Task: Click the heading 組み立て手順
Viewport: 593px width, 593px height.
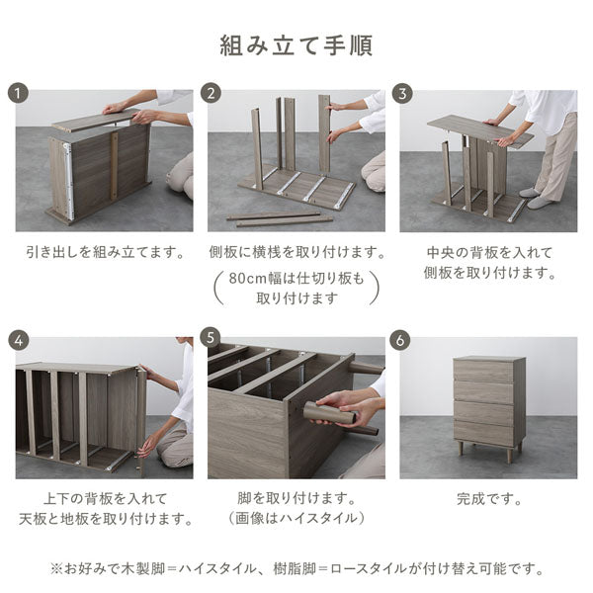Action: click(296, 46)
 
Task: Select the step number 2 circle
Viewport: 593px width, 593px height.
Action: click(211, 94)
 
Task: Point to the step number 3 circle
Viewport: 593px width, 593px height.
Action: click(402, 94)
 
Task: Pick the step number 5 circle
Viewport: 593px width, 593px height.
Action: click(211, 339)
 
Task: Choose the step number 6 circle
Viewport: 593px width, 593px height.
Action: click(402, 339)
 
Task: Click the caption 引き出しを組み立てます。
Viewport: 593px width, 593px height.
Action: click(104, 252)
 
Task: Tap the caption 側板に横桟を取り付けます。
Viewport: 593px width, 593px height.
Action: click(296, 252)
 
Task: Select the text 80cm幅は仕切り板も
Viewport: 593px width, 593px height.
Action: click(296, 279)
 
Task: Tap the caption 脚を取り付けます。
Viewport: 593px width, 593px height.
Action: click(296, 499)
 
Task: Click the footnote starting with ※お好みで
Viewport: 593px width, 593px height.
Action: click(296, 568)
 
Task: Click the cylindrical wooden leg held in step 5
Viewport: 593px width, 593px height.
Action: click(332, 414)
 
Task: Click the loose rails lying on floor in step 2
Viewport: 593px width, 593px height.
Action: click(272, 218)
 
